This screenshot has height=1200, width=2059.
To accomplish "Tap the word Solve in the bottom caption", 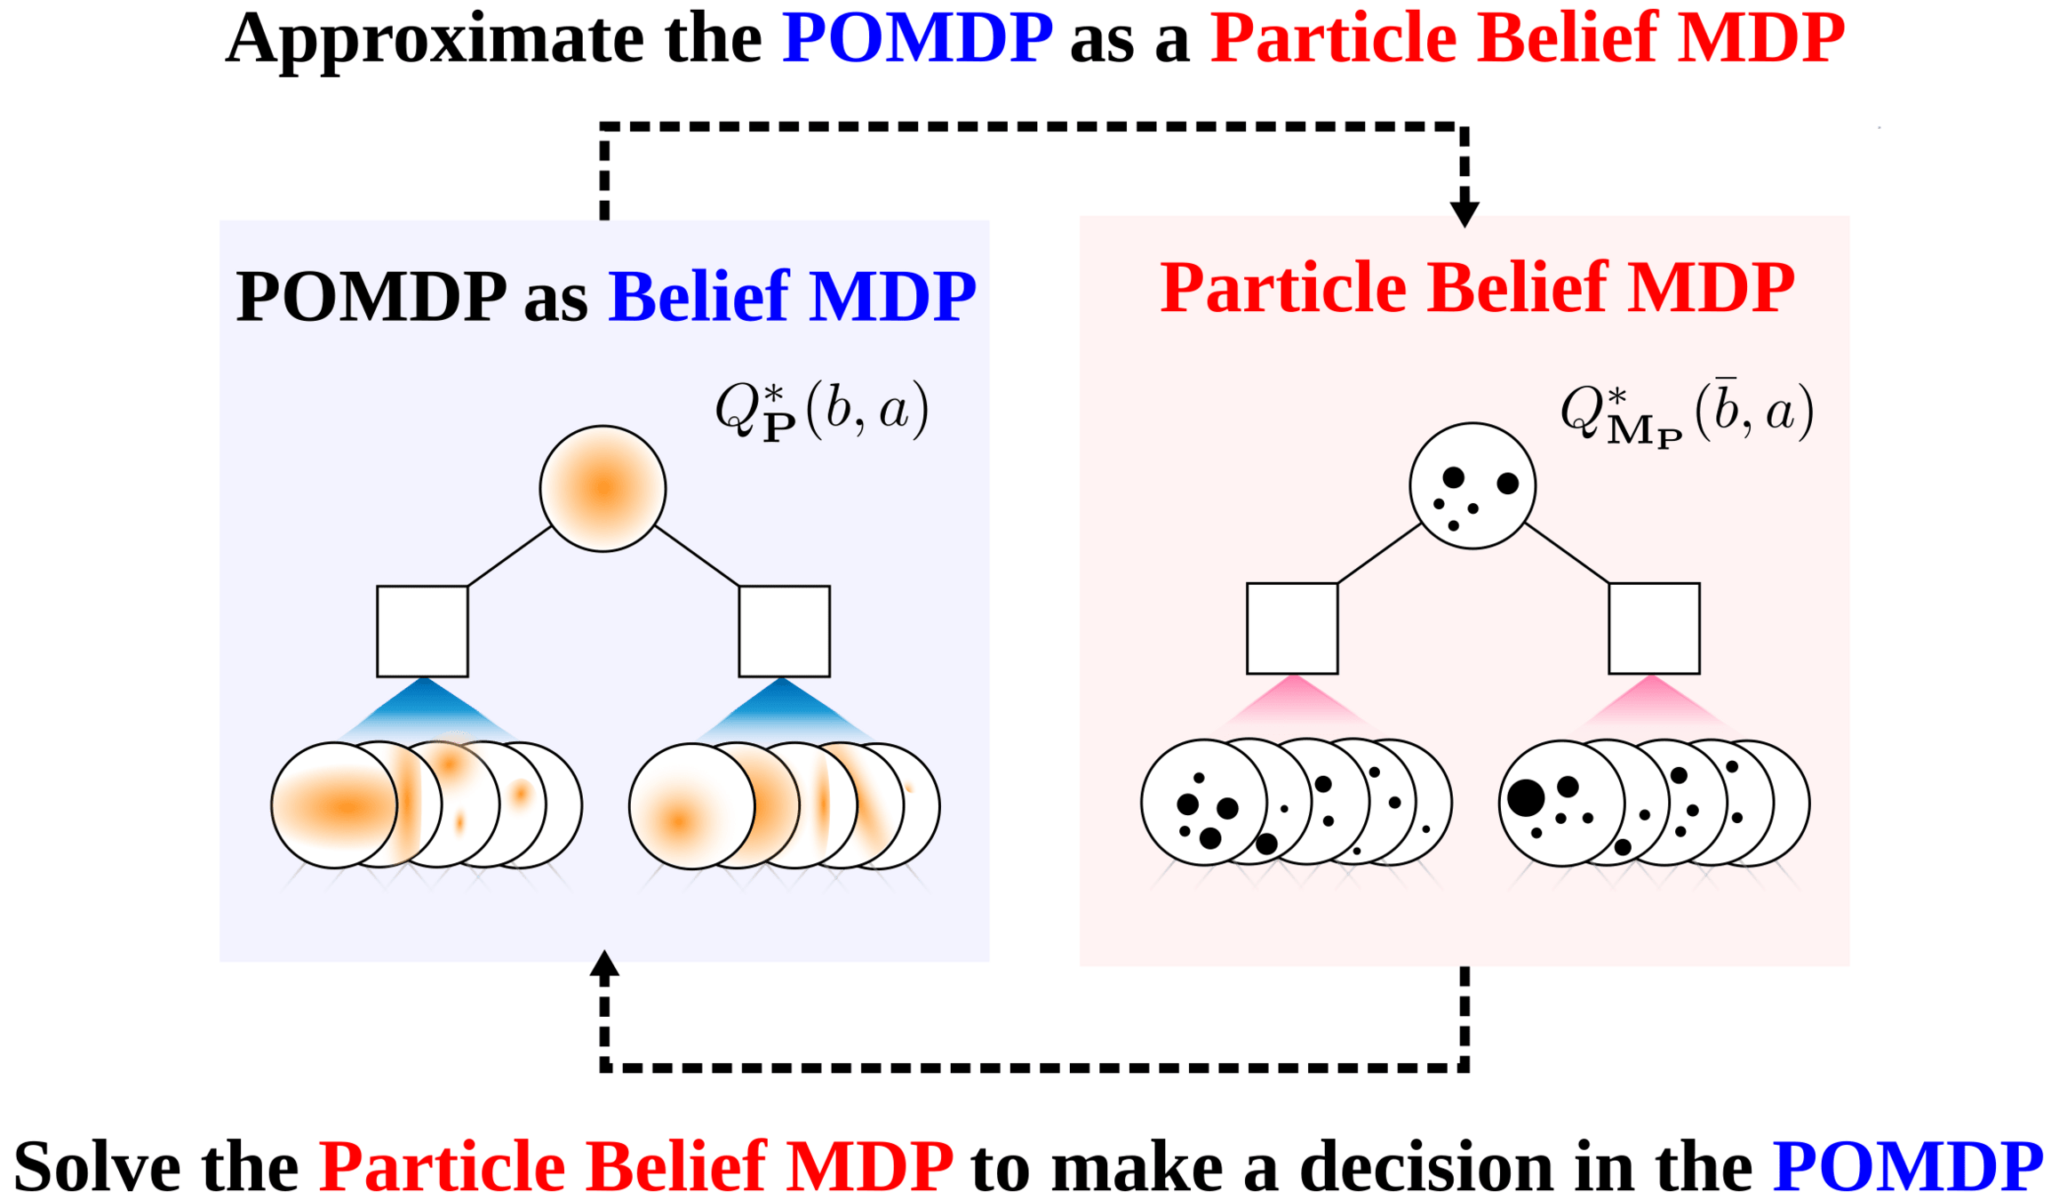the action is (x=95, y=1166).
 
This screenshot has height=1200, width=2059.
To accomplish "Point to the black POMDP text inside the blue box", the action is (x=371, y=297).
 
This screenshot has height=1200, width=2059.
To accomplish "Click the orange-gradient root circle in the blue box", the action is (x=603, y=489).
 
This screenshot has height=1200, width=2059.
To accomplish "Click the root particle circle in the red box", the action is (x=1472, y=485).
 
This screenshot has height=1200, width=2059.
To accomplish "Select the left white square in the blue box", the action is (x=422, y=631).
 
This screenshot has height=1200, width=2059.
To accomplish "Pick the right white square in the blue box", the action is (x=785, y=631).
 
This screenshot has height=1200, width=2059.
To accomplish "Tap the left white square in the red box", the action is (x=1292, y=628).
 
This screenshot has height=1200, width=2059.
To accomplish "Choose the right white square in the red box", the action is (x=1655, y=628).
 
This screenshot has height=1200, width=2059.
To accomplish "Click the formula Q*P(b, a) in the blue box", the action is (x=822, y=412).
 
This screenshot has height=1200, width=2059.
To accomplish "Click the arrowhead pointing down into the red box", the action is (x=1464, y=213).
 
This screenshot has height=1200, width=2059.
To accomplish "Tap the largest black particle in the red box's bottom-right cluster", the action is (x=1526, y=797).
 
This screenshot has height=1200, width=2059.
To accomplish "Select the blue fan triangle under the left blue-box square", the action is (x=425, y=711).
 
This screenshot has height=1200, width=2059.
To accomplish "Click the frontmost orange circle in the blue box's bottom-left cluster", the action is (x=334, y=805).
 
